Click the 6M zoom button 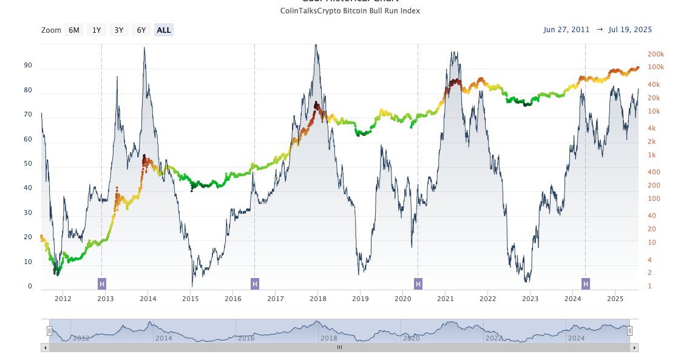73,30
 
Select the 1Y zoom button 97,30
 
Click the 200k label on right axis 656,53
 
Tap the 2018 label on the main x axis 318,298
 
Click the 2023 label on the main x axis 531,298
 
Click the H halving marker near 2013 102,284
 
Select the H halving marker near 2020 418,284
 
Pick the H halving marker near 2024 586,284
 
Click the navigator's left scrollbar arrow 45,348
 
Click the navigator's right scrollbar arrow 634,348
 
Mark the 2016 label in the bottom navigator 246,338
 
